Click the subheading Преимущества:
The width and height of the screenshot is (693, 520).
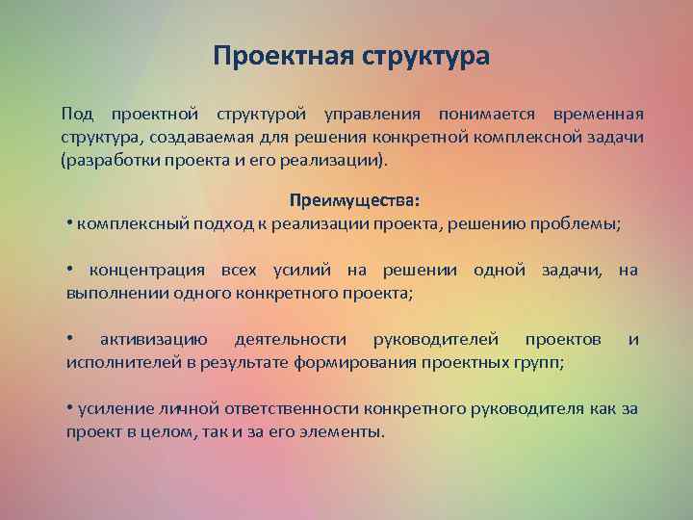click(354, 201)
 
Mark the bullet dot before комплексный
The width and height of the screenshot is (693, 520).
click(70, 223)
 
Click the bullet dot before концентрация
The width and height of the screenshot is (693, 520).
click(70, 271)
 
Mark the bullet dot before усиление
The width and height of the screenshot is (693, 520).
click(70, 408)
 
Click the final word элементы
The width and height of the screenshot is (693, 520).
click(342, 430)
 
